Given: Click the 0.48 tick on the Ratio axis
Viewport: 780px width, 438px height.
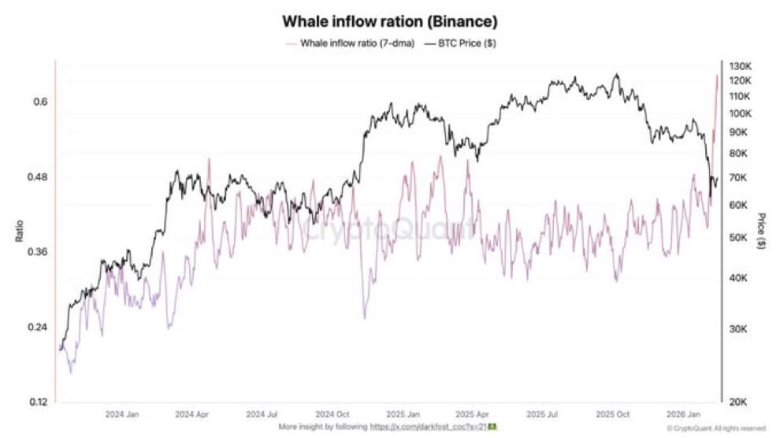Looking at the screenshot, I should point(38,177).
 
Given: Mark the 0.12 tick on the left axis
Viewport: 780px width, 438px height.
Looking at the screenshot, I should point(38,403).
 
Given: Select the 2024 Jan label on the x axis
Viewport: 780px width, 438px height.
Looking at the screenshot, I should point(122,414).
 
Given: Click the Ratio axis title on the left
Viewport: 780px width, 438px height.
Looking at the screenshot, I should point(18,231).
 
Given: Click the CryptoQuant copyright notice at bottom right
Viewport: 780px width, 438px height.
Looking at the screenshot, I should point(715,428).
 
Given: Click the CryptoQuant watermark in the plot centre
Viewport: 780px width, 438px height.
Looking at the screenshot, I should point(389,230).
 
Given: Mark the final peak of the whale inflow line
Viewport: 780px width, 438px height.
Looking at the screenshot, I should point(716,76).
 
